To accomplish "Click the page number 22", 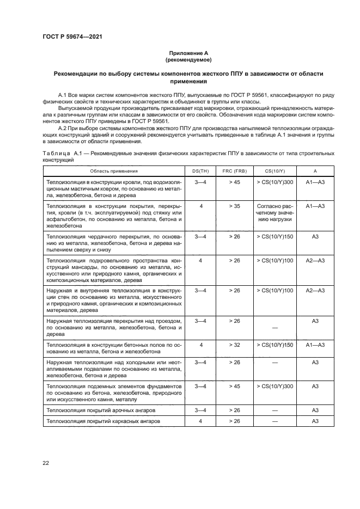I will pyautogui.click(x=46, y=463).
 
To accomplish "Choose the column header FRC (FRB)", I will pyautogui.click(x=235, y=170).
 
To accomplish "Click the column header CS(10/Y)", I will pyautogui.click(x=274, y=170).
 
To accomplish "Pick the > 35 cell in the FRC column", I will pyautogui.click(x=235, y=207).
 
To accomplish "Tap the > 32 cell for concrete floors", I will pyautogui.click(x=235, y=345).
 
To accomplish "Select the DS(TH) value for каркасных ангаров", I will pyautogui.click(x=201, y=421).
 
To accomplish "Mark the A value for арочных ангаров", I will pyautogui.click(x=315, y=409).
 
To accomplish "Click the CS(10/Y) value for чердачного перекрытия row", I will pyautogui.click(x=274, y=237).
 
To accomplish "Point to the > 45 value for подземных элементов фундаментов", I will pyautogui.click(x=235, y=386).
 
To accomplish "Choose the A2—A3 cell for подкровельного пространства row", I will pyautogui.click(x=315, y=261).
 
